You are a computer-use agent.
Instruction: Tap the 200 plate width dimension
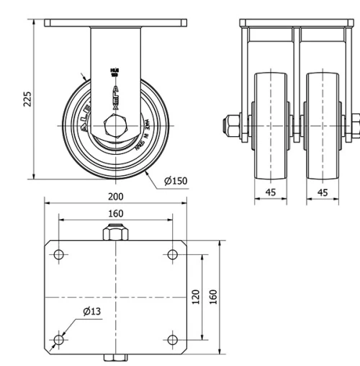click(115, 196)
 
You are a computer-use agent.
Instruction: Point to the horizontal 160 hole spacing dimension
click(115, 213)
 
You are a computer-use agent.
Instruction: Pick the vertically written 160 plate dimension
click(214, 297)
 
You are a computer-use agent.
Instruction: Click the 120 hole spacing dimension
click(196, 297)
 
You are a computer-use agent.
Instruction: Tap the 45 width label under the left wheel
click(271, 192)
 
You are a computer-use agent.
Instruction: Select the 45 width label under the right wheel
click(323, 192)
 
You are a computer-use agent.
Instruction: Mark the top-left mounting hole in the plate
click(58, 254)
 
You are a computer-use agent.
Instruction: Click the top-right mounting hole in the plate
click(172, 254)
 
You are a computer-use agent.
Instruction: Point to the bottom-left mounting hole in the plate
click(58, 339)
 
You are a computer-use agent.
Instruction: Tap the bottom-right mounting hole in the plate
click(172, 339)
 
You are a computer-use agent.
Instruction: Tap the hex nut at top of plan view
click(115, 234)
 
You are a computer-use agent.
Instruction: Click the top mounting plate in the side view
click(115, 23)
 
